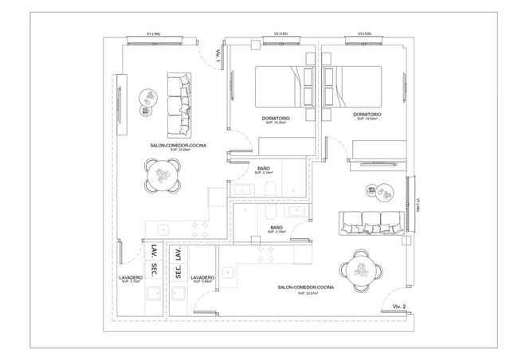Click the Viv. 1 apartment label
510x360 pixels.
pos(217,57)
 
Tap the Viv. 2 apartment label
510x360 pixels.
pos(399,306)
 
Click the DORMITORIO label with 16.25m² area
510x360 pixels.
pos(276,119)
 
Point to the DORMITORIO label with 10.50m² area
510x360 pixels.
pos(367,115)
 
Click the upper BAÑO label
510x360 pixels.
pos(265,168)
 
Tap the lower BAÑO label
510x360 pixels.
pos(276,228)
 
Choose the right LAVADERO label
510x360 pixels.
pos(202,278)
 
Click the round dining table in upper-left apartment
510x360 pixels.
pos(163,175)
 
